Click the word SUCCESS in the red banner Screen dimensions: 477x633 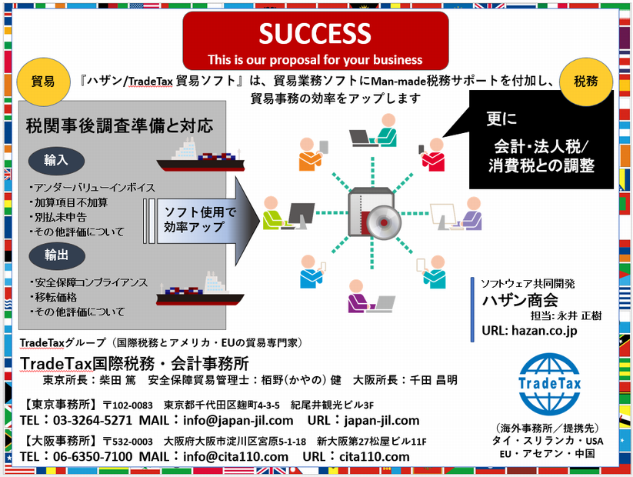(315, 34)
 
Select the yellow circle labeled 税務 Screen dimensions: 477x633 (587, 79)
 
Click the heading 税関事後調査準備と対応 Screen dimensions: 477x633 (119, 125)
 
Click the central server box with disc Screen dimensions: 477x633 (374, 218)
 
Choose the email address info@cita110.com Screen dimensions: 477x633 (235, 457)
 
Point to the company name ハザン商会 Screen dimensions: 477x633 (519, 299)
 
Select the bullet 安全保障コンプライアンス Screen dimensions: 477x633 (88, 283)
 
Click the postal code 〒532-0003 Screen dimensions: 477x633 (128, 442)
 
